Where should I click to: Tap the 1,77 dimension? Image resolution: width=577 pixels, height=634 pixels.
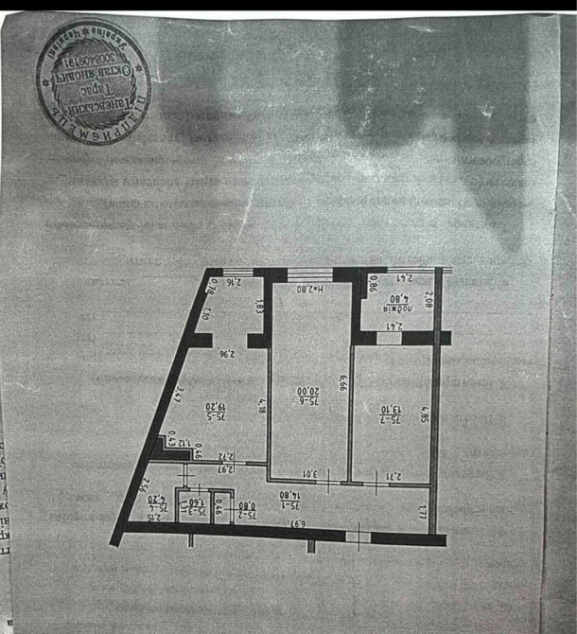click(422, 512)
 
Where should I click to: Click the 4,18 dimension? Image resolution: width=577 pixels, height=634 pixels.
click(260, 409)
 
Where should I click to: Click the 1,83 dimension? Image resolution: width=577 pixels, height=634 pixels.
click(257, 307)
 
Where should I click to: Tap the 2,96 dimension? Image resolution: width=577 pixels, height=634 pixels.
click(225, 355)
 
